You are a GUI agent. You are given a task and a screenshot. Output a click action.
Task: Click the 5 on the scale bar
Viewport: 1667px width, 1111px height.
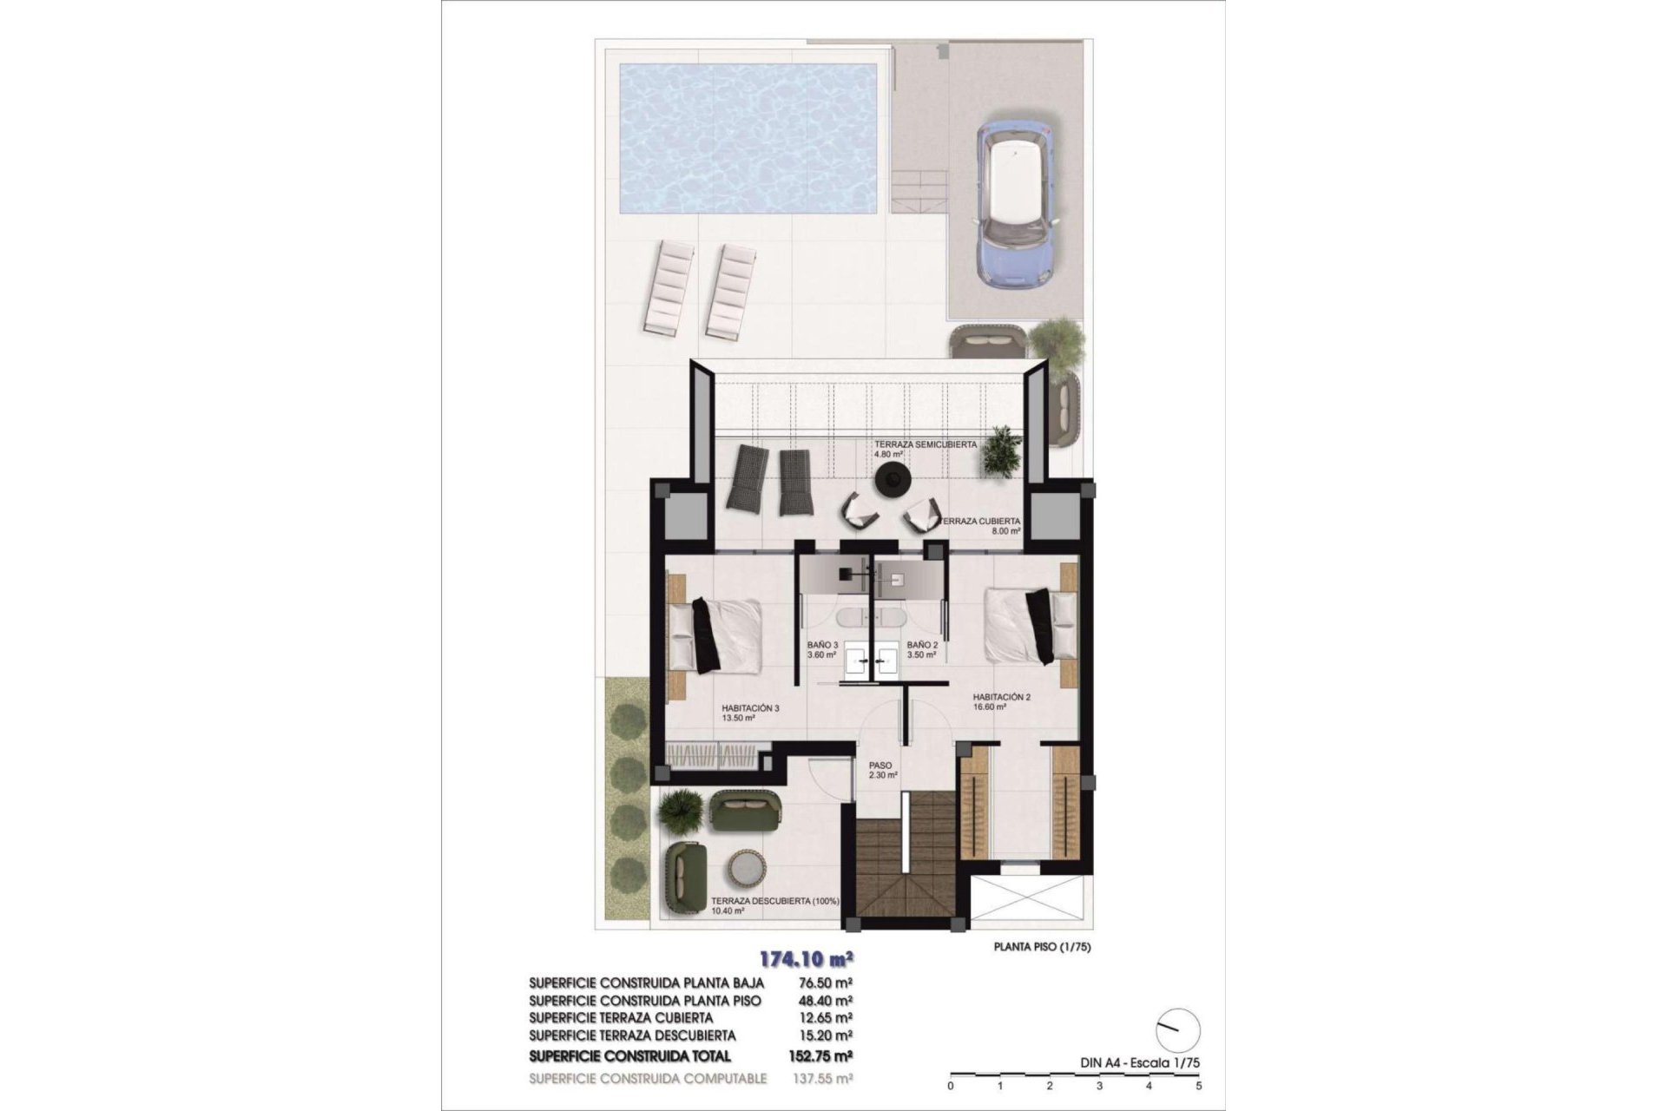(x=1199, y=1085)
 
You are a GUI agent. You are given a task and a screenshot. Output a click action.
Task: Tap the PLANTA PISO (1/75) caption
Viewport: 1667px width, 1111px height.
(x=1042, y=948)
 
